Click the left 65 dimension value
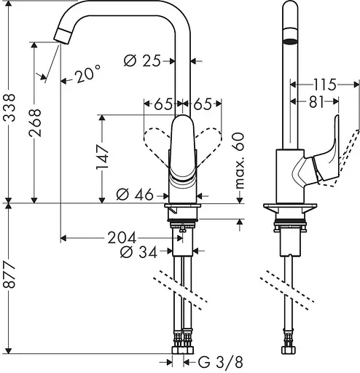coord(163,104)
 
